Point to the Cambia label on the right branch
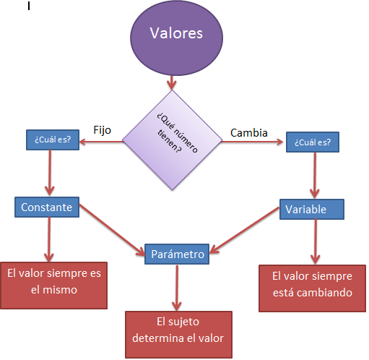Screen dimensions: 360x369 [x=249, y=133]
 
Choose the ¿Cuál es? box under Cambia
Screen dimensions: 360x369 [x=312, y=142]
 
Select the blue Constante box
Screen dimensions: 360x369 [x=46, y=207]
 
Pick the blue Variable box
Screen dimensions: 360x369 [x=311, y=210]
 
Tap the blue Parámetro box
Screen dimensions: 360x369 [x=178, y=254]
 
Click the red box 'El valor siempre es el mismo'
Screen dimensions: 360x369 [x=54, y=282]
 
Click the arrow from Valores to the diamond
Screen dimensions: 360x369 [x=172, y=80]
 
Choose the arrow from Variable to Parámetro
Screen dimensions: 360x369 [x=246, y=231]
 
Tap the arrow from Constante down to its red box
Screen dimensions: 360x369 [x=49, y=239]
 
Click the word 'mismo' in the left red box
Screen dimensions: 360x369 [x=54, y=290]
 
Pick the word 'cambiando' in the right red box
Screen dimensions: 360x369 [x=326, y=293]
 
